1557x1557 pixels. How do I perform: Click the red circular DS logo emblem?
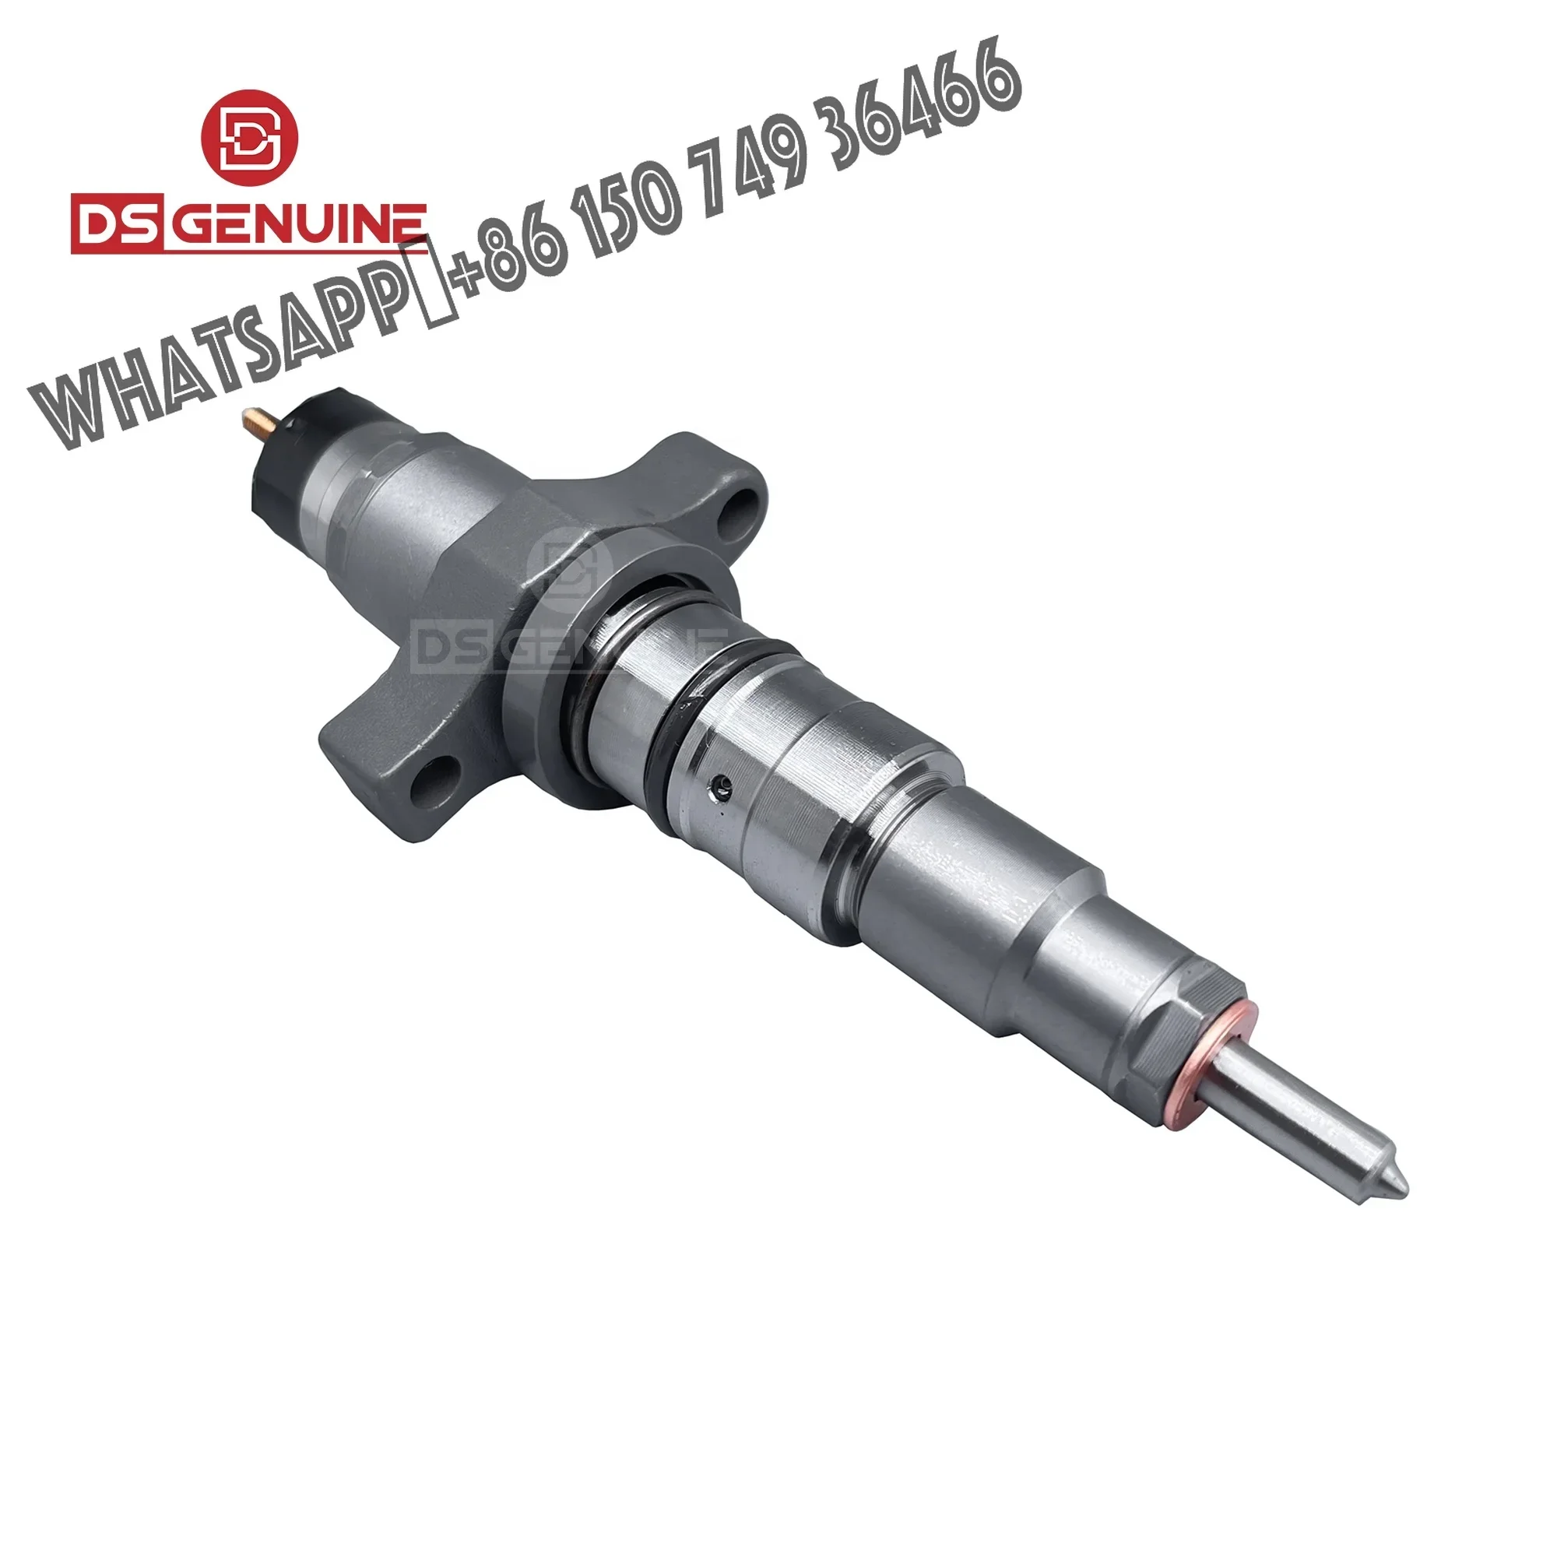(x=249, y=138)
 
